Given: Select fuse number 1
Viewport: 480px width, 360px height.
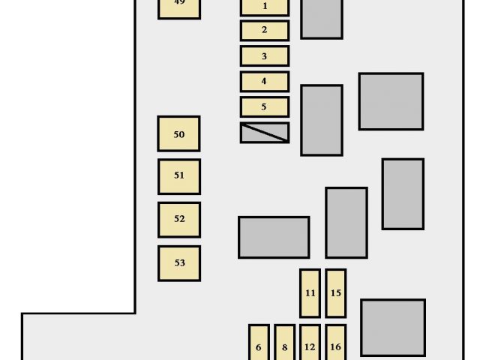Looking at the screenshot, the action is [265, 7].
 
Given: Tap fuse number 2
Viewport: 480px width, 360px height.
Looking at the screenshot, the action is [265, 31].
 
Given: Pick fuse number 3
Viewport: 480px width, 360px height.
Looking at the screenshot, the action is [265, 56].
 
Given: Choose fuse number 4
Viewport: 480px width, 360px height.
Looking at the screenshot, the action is [265, 81].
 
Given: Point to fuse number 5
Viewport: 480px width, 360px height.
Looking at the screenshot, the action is [265, 106].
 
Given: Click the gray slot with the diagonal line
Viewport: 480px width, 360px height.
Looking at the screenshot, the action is [265, 133].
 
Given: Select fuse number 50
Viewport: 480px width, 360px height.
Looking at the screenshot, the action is [178, 134].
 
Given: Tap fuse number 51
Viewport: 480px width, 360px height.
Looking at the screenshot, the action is [178, 176].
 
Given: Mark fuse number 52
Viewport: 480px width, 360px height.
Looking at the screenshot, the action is [178, 220].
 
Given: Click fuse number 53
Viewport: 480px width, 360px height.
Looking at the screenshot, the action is [178, 263].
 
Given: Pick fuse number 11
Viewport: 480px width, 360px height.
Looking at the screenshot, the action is [310, 293].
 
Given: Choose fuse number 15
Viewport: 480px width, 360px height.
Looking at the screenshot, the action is [335, 293].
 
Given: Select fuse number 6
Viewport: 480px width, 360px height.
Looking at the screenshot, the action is [259, 343].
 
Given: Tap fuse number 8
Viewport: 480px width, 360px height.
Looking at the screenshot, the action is [284, 343].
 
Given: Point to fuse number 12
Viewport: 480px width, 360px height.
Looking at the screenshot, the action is [310, 343].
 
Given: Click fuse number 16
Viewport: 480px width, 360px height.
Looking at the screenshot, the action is [335, 343].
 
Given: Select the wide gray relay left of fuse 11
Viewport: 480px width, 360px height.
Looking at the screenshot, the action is [274, 237].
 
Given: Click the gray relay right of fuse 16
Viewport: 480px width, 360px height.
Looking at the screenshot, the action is [392, 327].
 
